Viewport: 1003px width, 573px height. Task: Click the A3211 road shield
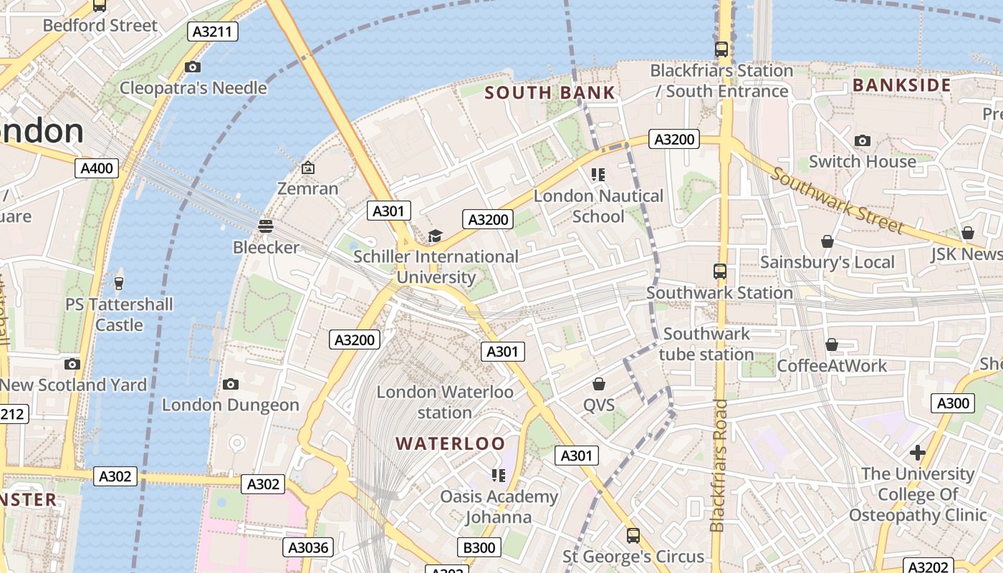pyautogui.click(x=213, y=32)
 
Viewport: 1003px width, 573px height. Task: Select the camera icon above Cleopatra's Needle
pyautogui.click(x=192, y=67)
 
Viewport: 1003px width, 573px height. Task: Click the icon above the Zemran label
pyautogui.click(x=308, y=168)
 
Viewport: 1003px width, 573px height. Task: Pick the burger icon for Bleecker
pyautogui.click(x=266, y=226)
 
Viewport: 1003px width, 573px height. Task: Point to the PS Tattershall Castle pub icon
pyautogui.click(x=119, y=284)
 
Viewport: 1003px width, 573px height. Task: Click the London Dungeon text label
pyautogui.click(x=231, y=405)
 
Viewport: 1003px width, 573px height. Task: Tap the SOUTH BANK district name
pyautogui.click(x=550, y=92)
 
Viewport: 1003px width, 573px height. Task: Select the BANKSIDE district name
pyautogui.click(x=902, y=85)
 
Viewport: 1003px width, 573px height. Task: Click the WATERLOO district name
pyautogui.click(x=451, y=443)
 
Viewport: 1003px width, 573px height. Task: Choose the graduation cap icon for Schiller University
pyautogui.click(x=435, y=236)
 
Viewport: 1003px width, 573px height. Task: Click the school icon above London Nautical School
pyautogui.click(x=598, y=175)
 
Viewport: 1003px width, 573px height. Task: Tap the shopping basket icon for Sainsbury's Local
pyautogui.click(x=827, y=241)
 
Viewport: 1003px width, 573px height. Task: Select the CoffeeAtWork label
pyautogui.click(x=832, y=365)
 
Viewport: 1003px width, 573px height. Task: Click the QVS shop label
pyautogui.click(x=599, y=405)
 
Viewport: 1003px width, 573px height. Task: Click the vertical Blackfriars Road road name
pyautogui.click(x=720, y=466)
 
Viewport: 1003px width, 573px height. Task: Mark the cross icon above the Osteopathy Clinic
pyautogui.click(x=917, y=453)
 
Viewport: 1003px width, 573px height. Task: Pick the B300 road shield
pyautogui.click(x=479, y=548)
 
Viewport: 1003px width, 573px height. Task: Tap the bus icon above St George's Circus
pyautogui.click(x=633, y=535)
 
